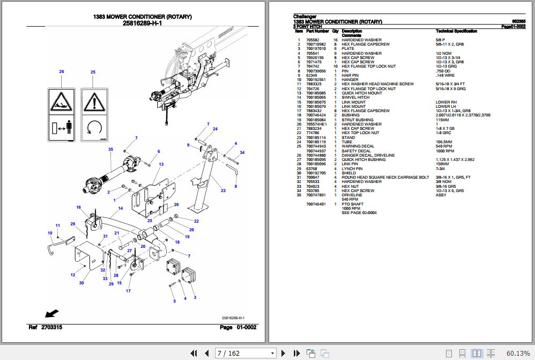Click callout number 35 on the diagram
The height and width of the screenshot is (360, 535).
coord(110,149)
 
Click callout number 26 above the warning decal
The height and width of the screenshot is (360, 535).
coord(62,71)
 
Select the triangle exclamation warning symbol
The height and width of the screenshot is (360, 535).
coord(93,100)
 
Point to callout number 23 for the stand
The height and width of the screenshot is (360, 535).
coord(222,190)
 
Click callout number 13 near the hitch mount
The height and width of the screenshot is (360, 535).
coord(161,164)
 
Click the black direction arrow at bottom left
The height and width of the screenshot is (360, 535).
coord(51,313)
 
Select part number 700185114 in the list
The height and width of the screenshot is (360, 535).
coord(315,137)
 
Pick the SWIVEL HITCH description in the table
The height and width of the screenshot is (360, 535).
coord(355,98)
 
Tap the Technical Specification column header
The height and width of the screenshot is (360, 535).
coord(456,32)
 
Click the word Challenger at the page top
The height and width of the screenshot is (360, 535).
coord(305,17)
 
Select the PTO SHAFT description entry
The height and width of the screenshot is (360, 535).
coord(353,204)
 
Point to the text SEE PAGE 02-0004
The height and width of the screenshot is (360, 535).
coord(359,213)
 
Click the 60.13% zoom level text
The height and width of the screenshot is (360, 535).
coord(517,353)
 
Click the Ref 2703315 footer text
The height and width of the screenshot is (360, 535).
coord(46,327)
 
